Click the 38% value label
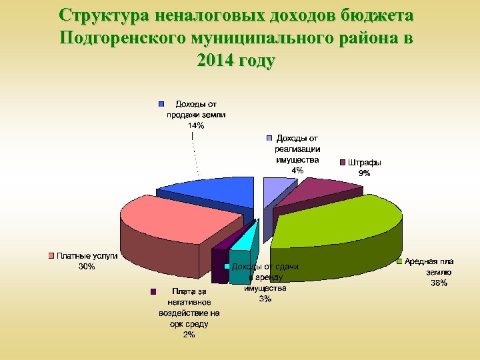[x=438, y=283]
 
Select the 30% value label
[x=87, y=267]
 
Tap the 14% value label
[x=196, y=125]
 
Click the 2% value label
[x=189, y=335]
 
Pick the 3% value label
[x=265, y=299]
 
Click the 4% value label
[x=297, y=170]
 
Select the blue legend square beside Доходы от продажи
[x=161, y=105]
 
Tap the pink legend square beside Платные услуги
[x=51, y=256]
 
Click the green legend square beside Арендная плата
[x=399, y=262]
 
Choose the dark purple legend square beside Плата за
[x=153, y=291]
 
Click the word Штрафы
[x=365, y=162]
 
